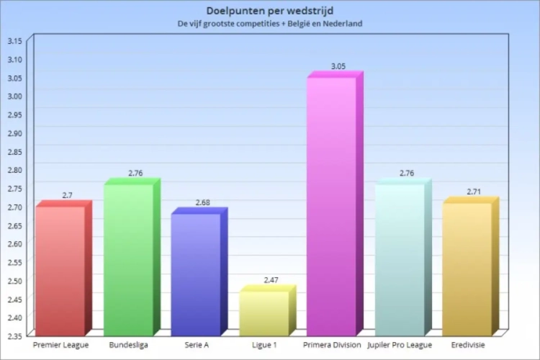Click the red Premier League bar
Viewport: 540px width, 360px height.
[x=60, y=270]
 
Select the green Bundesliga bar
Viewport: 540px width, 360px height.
[x=128, y=259]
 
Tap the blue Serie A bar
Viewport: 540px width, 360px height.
[x=195, y=274]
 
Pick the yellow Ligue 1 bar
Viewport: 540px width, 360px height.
[x=264, y=313]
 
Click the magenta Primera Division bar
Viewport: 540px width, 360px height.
[x=331, y=205]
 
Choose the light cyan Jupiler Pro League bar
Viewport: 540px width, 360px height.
[x=399, y=259]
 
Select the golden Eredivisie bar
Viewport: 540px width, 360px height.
[x=467, y=269]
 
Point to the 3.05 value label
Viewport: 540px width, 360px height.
[x=338, y=66]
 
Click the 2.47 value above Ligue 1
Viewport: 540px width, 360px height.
[x=271, y=279]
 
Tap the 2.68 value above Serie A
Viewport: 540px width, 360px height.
[x=202, y=202]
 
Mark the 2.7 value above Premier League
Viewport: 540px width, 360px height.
[x=67, y=195]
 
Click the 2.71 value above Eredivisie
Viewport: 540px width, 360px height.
[x=473, y=192]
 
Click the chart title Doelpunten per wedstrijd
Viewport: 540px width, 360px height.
[x=269, y=11]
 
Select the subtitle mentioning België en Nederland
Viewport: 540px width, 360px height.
[x=269, y=24]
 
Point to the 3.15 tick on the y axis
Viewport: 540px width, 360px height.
[x=14, y=40]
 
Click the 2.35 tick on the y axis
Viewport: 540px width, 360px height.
[x=14, y=336]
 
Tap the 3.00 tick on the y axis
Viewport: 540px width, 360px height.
[x=14, y=96]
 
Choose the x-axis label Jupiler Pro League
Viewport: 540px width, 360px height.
[x=400, y=346]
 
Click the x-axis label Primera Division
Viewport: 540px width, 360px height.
[x=332, y=346]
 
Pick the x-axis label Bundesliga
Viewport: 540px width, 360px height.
[x=129, y=346]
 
